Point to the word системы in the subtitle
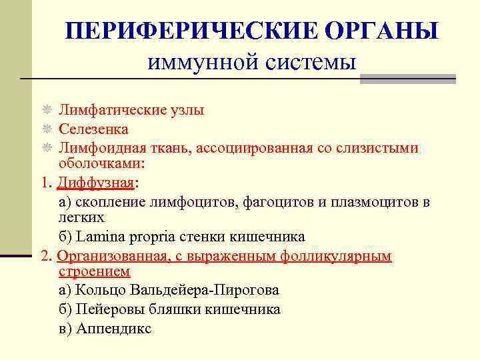point(314,63)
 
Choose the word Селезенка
point(93,129)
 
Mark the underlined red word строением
point(95,271)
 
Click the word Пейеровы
point(106,309)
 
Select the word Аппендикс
point(114,329)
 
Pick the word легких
point(81,217)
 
